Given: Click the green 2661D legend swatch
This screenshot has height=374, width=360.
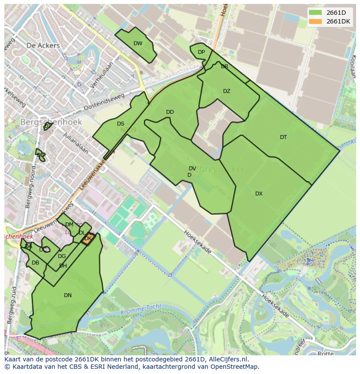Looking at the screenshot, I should (316, 13).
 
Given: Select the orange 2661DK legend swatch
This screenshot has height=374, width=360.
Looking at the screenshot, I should (316, 22).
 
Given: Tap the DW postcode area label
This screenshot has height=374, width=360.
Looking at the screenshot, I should (138, 43).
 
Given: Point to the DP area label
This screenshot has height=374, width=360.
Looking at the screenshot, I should (201, 52).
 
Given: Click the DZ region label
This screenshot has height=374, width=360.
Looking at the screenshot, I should (227, 91).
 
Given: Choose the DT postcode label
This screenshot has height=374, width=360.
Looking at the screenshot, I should (283, 137).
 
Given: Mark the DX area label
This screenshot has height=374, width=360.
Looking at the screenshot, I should (259, 194).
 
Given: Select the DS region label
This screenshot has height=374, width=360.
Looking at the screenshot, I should (120, 124).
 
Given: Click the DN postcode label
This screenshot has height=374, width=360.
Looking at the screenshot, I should (68, 295).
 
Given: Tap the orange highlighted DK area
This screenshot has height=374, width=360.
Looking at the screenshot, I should (87, 239).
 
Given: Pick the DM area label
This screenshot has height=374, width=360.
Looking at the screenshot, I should (69, 225).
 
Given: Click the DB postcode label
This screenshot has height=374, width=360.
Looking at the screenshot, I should (36, 263).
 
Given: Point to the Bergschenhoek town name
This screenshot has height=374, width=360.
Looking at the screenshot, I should (51, 122).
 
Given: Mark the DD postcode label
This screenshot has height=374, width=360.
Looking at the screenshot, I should (170, 112).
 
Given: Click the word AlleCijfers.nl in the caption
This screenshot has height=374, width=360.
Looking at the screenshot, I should (226, 359).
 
